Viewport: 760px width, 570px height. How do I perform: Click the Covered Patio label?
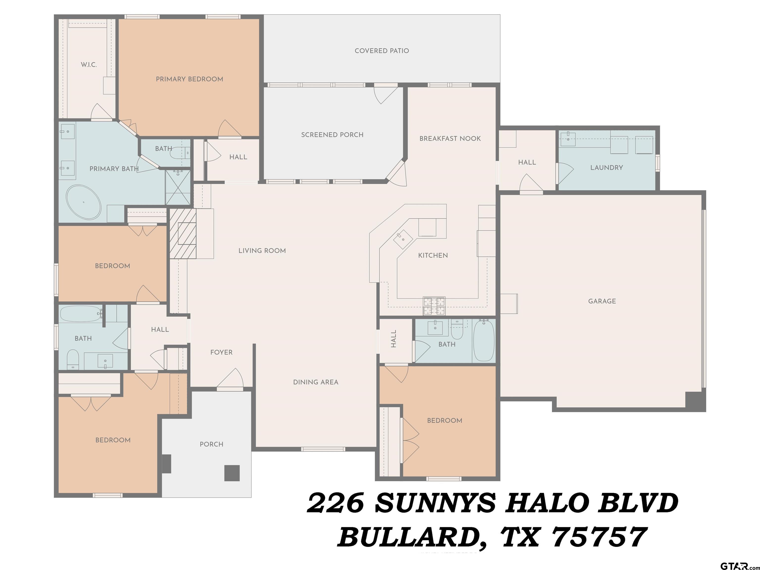(382, 51)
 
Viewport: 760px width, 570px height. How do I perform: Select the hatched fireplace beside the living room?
(183, 233)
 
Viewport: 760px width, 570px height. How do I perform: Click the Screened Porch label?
(332, 135)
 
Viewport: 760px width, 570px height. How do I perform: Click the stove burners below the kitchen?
(434, 306)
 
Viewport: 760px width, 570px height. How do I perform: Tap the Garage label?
(602, 301)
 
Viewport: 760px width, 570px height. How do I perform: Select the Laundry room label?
(606, 168)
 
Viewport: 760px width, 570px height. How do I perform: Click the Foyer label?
(221, 352)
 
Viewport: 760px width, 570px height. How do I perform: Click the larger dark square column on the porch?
(232, 473)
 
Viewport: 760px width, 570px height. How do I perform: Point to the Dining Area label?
(315, 382)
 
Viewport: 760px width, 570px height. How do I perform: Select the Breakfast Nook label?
(450, 139)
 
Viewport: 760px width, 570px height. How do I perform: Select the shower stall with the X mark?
(178, 187)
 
